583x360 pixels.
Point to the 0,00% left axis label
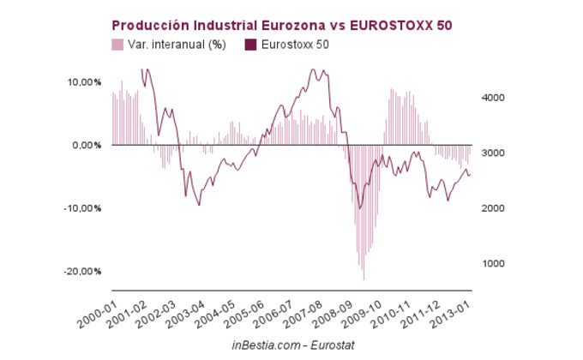tap(87, 145)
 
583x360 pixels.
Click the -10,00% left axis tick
tap(83, 208)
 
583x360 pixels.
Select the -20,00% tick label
tap(83, 271)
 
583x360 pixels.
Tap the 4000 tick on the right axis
tap(493, 98)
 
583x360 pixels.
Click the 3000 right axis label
tap(493, 153)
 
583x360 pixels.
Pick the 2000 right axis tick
tap(493, 208)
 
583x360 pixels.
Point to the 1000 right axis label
tap(493, 263)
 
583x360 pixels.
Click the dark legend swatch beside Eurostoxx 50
tap(251, 45)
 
